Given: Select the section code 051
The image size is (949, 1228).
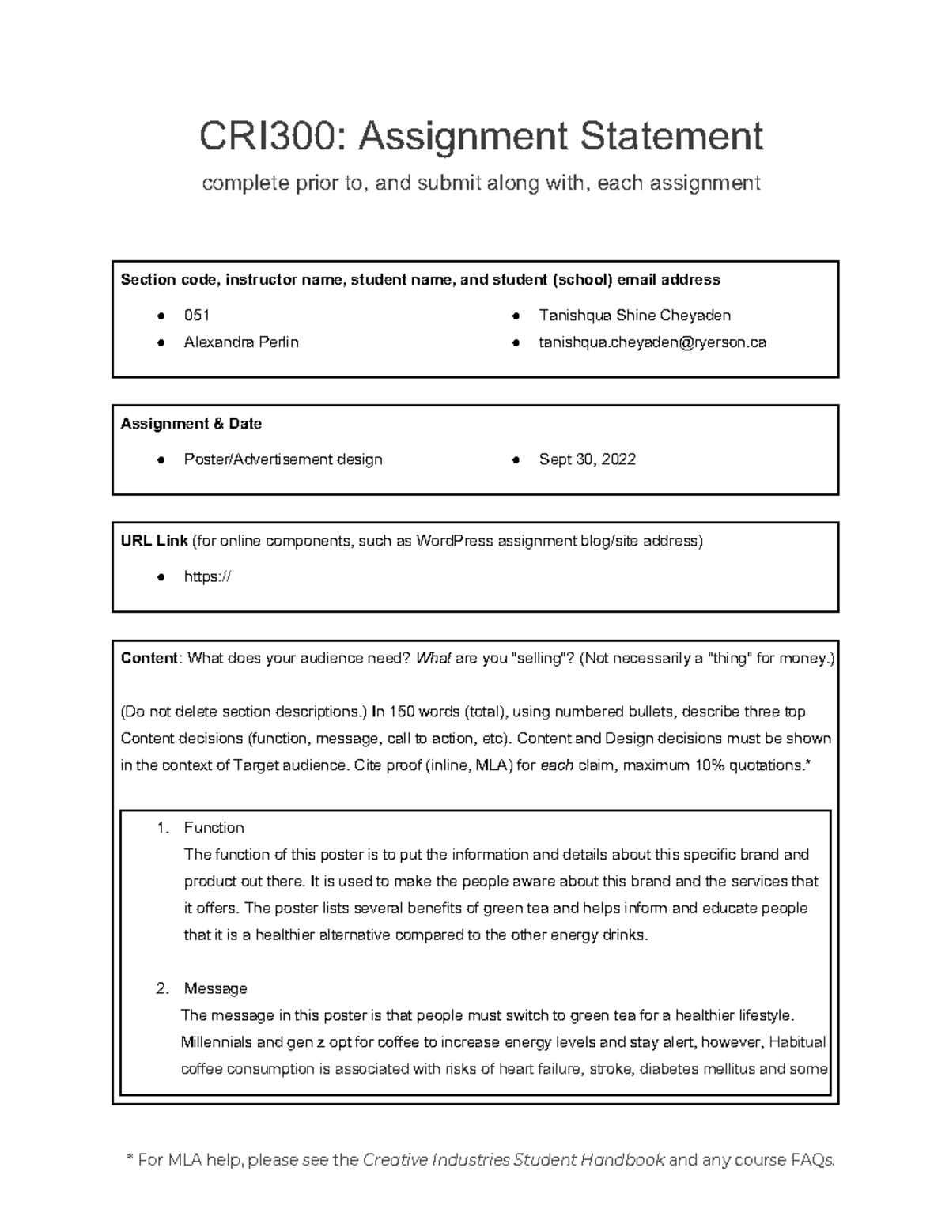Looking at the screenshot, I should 196,316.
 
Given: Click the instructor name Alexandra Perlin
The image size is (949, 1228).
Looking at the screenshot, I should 241,342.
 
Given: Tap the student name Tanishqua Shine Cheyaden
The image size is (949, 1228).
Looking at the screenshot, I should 634,316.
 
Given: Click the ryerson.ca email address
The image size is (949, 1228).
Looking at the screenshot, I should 652,342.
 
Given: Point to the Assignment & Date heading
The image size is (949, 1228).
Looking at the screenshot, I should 191,424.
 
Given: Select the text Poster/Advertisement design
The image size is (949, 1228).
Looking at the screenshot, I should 282,459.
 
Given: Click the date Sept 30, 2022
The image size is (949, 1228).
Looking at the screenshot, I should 587,459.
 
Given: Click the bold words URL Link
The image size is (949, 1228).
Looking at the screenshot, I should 153,541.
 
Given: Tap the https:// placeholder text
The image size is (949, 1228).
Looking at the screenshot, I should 207,577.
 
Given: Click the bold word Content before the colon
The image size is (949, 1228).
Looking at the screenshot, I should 150,658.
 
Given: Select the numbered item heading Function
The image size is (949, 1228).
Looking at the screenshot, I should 214,828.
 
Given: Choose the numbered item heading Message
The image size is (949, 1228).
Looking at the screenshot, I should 215,988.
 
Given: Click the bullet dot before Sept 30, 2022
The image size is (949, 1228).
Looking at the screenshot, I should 515,460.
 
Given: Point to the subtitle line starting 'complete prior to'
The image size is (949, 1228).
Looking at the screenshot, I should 481,183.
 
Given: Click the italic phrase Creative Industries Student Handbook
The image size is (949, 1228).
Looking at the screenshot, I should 513,1160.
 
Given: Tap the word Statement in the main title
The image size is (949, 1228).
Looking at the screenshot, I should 671,136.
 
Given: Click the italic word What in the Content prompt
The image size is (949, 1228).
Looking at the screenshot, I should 433,658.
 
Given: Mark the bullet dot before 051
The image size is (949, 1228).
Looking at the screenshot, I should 161,316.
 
